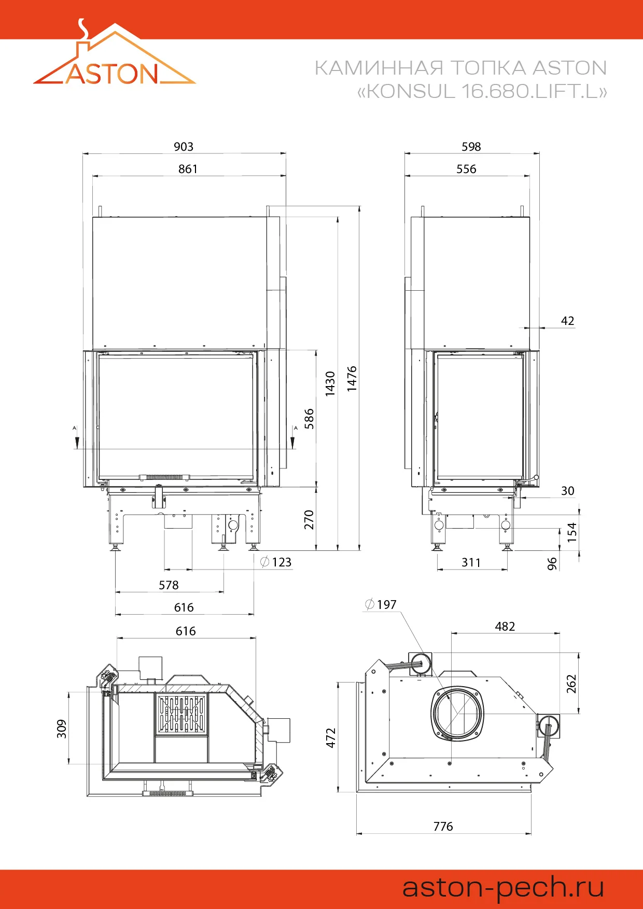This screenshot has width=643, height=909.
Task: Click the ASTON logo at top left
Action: tap(114, 53)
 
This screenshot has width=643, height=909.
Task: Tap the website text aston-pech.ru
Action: tap(503, 888)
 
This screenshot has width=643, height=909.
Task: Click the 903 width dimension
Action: tap(184, 147)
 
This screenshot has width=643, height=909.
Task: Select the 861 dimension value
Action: tap(188, 169)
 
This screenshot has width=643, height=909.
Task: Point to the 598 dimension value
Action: tap(471, 147)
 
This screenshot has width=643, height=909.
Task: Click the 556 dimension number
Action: tap(466, 169)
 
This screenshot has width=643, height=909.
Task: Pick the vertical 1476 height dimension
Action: tap(352, 378)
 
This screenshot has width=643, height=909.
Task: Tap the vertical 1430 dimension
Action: tap(330, 384)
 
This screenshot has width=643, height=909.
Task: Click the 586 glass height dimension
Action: tap(309, 419)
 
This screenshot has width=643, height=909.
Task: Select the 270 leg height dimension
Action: tap(309, 520)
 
